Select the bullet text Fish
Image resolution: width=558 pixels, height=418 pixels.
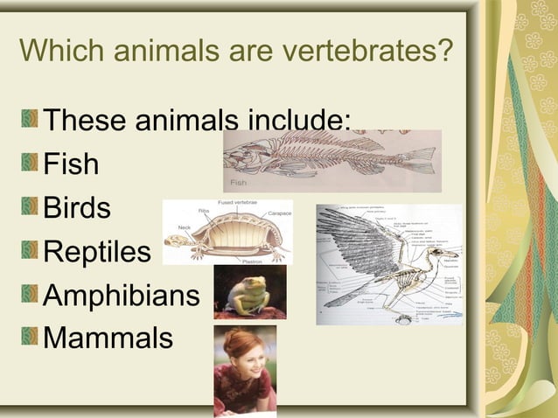click(x=71, y=164)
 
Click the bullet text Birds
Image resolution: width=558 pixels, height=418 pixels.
click(x=77, y=208)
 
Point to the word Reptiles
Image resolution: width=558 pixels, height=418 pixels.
click(x=97, y=252)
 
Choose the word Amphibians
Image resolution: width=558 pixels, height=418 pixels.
click(x=122, y=295)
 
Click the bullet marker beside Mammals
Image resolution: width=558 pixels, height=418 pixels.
click(x=31, y=337)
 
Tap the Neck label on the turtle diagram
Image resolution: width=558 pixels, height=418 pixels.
click(x=184, y=226)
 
